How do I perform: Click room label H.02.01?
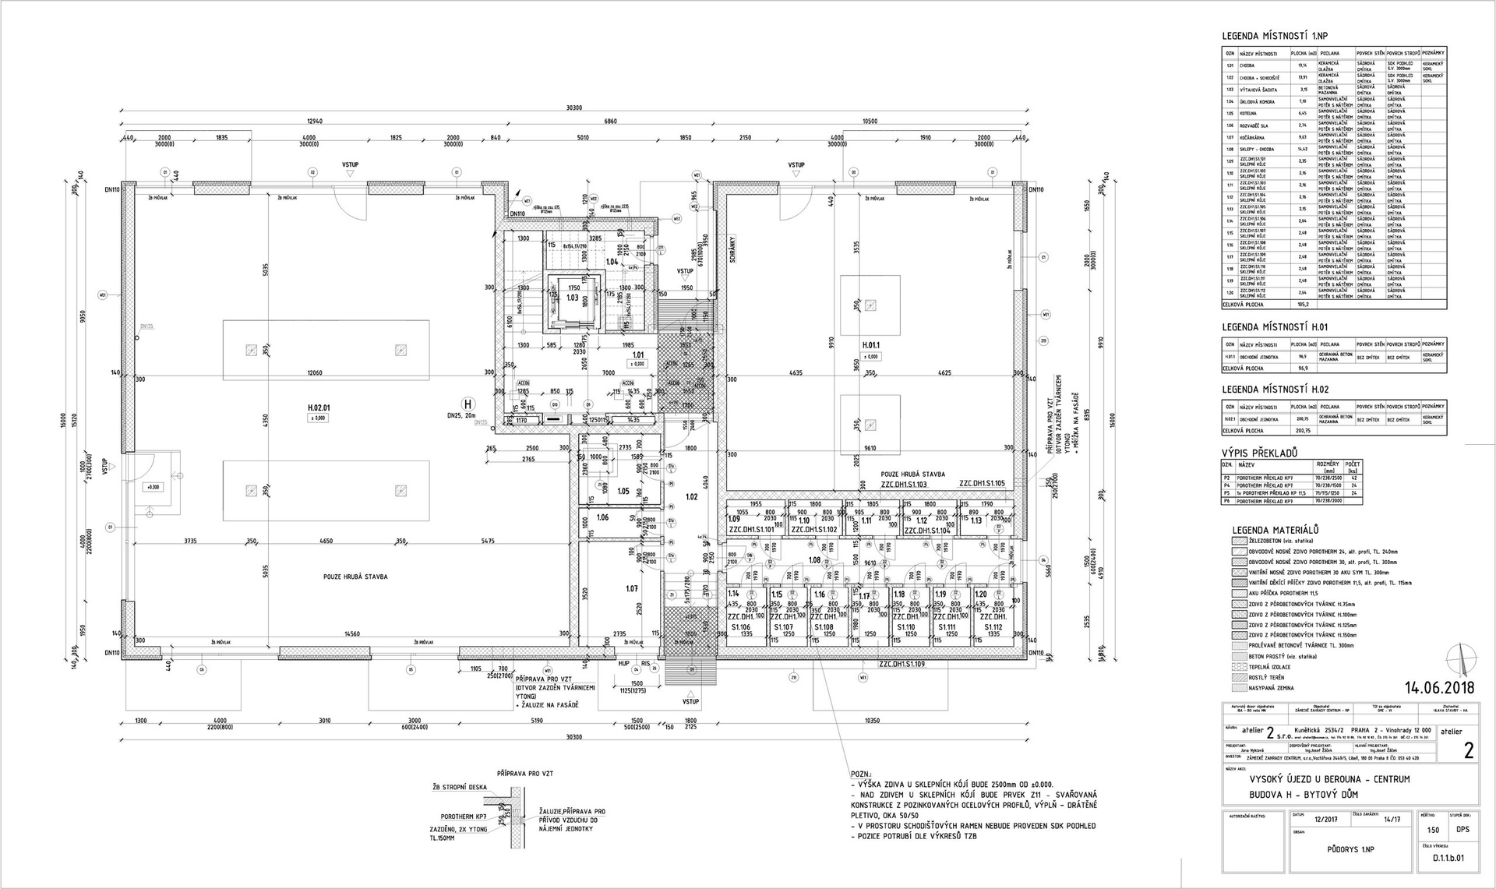tap(319, 407)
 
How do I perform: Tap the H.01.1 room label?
tap(871, 344)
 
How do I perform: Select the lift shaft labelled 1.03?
tap(573, 298)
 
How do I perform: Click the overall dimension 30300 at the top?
tap(574, 108)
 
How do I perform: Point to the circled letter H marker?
tap(467, 404)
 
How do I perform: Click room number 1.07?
tap(632, 588)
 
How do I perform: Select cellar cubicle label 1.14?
tap(733, 594)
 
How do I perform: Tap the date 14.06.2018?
tap(1440, 688)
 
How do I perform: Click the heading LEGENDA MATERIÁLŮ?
tap(1268, 530)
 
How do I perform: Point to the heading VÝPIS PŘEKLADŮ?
tap(1259, 453)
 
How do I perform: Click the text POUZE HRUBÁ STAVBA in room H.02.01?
tap(355, 577)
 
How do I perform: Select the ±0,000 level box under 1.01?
tap(637, 364)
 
